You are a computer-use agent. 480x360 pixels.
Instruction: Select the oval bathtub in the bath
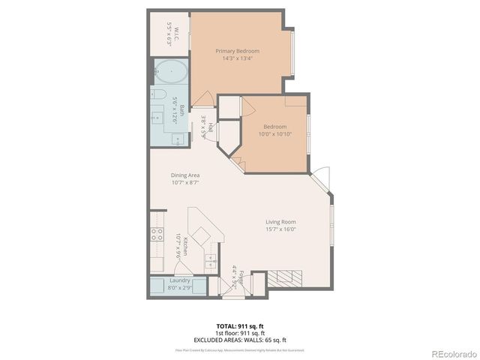click(172, 73)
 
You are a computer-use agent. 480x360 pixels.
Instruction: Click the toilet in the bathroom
click(158, 94)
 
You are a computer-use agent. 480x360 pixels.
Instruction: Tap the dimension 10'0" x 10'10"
click(275, 134)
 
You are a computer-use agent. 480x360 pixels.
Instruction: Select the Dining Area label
click(185, 175)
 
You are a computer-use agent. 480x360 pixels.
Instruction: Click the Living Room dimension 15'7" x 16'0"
click(280, 229)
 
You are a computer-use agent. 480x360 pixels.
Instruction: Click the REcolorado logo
click(451, 352)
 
